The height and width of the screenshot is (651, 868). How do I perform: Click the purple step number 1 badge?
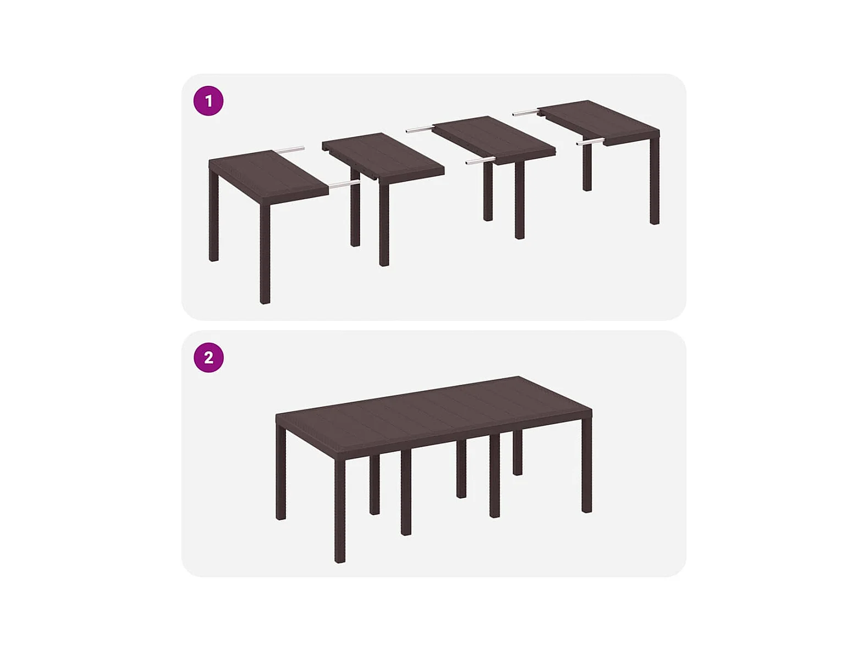[208, 101]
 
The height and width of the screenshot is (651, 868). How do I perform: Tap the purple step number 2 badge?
[208, 358]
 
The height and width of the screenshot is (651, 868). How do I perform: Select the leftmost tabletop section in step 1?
[269, 177]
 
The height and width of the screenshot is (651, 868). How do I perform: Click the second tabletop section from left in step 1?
[383, 157]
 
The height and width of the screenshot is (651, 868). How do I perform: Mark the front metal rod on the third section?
[480, 161]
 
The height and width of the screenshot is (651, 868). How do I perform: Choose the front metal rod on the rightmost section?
[591, 141]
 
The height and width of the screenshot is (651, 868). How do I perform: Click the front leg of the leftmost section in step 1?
[265, 254]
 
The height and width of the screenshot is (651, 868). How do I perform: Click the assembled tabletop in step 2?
[434, 418]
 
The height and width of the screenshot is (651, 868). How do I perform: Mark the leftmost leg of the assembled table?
[281, 473]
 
